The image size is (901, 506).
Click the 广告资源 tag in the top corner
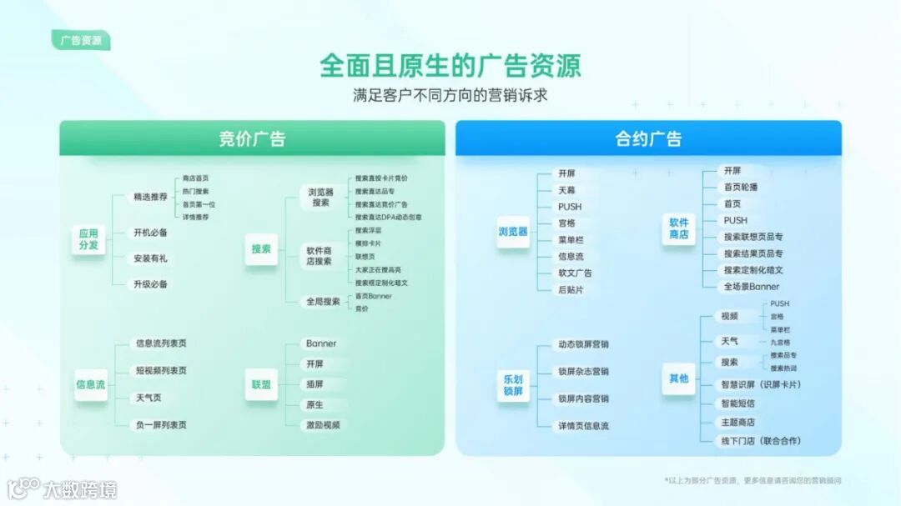coord(81,40)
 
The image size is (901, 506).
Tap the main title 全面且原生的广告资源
coord(450,66)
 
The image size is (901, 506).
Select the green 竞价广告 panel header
coord(252,138)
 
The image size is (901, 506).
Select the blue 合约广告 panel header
coord(648,138)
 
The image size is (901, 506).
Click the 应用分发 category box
coord(88,239)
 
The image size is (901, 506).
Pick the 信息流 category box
coord(90,385)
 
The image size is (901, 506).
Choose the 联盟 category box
coord(261,384)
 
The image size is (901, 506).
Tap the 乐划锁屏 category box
coord(513,384)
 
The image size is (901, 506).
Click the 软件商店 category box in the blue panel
coord(679,228)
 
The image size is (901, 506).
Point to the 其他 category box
coord(679,378)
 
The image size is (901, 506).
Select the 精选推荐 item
coord(150,198)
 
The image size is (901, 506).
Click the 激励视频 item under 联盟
coord(323,425)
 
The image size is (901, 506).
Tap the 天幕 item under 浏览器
coord(566,190)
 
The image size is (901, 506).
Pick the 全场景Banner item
coord(752,287)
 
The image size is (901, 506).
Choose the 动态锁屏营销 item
coord(583,344)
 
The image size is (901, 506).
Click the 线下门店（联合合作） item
coord(761,441)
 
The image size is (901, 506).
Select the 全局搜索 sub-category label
coord(323,302)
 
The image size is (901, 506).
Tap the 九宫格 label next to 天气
coord(780,342)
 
